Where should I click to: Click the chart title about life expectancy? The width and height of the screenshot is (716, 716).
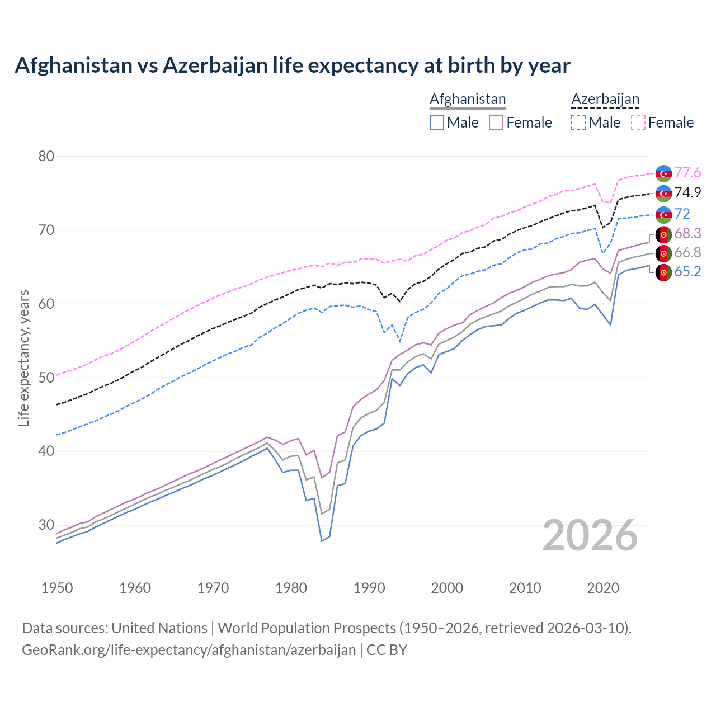pyautogui.click(x=292, y=65)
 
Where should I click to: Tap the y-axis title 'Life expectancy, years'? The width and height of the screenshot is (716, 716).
pyautogui.click(x=23, y=358)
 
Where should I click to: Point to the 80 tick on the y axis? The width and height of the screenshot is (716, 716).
pyautogui.click(x=46, y=156)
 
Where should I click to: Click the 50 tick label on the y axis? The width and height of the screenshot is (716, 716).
pyautogui.click(x=46, y=378)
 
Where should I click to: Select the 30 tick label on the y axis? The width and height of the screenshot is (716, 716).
pyautogui.click(x=46, y=525)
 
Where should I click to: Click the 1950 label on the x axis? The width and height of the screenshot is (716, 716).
pyautogui.click(x=57, y=588)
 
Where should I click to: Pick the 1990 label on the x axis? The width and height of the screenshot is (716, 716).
pyautogui.click(x=369, y=588)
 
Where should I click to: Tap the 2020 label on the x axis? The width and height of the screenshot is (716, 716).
pyautogui.click(x=603, y=588)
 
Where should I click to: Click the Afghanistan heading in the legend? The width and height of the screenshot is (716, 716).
pyautogui.click(x=467, y=99)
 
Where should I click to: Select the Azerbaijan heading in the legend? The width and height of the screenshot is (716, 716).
pyautogui.click(x=605, y=99)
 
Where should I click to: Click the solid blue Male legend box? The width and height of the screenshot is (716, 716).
pyautogui.click(x=437, y=123)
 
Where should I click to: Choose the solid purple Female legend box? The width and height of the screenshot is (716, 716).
pyautogui.click(x=496, y=123)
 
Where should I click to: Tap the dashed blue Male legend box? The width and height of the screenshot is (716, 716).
pyautogui.click(x=578, y=123)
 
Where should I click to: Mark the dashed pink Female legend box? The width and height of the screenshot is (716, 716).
pyautogui.click(x=638, y=123)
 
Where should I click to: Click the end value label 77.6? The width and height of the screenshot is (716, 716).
pyautogui.click(x=687, y=173)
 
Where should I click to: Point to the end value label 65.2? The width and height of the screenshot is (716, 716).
pyautogui.click(x=687, y=272)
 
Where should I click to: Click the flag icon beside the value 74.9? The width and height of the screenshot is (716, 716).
pyautogui.click(x=663, y=193)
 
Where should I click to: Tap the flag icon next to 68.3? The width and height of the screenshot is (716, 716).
pyautogui.click(x=663, y=234)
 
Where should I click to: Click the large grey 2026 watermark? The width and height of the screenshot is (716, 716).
pyautogui.click(x=590, y=535)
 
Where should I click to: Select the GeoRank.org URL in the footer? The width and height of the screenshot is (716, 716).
pyautogui.click(x=189, y=650)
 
